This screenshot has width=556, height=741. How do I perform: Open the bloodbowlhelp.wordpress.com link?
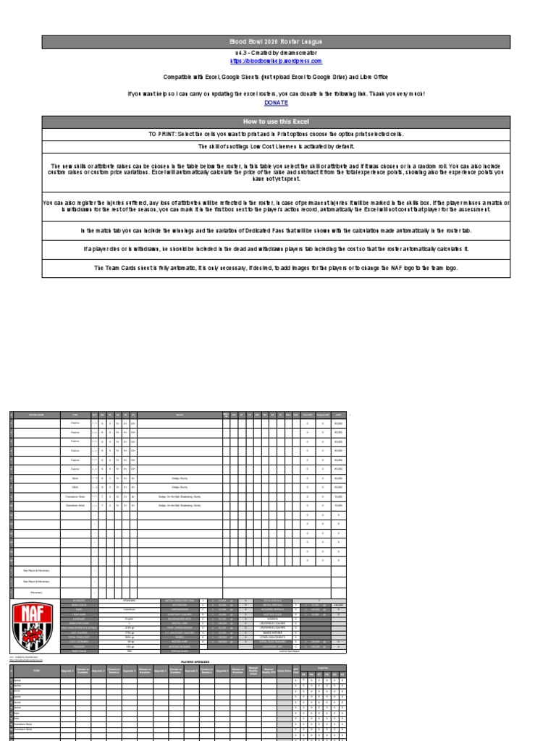pyautogui.click(x=277, y=62)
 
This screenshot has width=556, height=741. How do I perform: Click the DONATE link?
pyautogui.click(x=277, y=103)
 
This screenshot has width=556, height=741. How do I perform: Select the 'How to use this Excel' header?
pyautogui.click(x=277, y=122)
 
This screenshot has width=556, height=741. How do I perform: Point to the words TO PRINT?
pyautogui.click(x=164, y=135)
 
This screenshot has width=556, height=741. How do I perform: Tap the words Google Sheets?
pyautogui.click(x=250, y=76)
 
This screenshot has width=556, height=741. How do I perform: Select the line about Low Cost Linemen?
pyautogui.click(x=277, y=147)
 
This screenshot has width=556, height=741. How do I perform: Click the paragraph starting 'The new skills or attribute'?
pyautogui.click(x=277, y=172)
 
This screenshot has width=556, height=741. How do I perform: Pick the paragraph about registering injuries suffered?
pyautogui.click(x=277, y=206)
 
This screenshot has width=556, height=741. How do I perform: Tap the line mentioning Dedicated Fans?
pyautogui.click(x=277, y=231)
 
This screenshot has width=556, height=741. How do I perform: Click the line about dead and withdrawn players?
pyautogui.click(x=277, y=249)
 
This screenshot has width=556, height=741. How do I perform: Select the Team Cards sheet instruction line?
pyautogui.click(x=277, y=268)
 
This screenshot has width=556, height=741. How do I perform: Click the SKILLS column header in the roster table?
pyautogui.click(x=180, y=415)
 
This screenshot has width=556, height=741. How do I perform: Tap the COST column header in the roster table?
pyautogui.click(x=338, y=415)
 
